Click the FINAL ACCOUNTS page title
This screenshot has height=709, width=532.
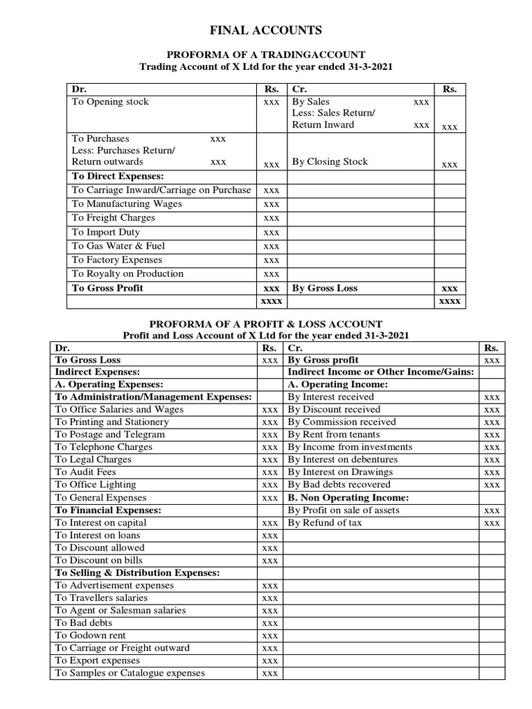pos(266,30)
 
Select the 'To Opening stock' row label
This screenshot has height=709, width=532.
pos(110,102)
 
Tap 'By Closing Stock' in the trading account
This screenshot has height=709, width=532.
pos(330,161)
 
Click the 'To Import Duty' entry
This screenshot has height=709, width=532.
pos(105,232)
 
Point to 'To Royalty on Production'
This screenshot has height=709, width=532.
pos(127,273)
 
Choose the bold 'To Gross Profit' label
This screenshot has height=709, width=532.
pos(107,288)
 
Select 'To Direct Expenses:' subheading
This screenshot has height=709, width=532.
pos(118,176)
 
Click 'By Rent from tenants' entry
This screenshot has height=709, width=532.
pos(333,434)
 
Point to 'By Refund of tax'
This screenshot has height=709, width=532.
pos(324,523)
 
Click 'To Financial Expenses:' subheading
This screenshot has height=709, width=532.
pos(108,510)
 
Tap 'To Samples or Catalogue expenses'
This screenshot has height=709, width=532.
pos(130,672)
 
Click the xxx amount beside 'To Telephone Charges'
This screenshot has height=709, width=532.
pos(270,447)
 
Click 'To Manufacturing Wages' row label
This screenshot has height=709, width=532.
pos(127,204)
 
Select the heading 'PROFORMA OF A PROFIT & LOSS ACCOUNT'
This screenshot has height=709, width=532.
pos(266,323)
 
